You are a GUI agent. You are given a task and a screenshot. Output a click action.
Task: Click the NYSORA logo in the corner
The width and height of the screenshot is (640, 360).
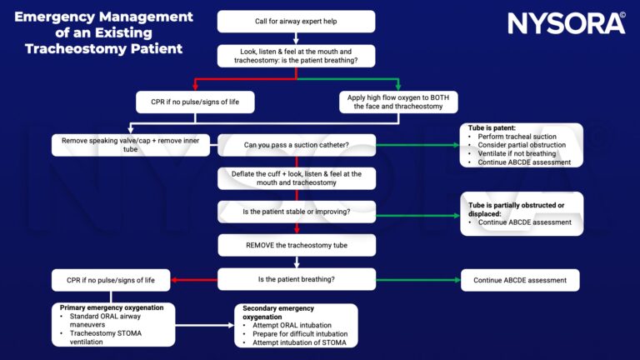[x=567, y=22]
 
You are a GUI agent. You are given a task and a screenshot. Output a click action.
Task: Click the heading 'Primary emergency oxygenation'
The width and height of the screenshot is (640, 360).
[x=117, y=307]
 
